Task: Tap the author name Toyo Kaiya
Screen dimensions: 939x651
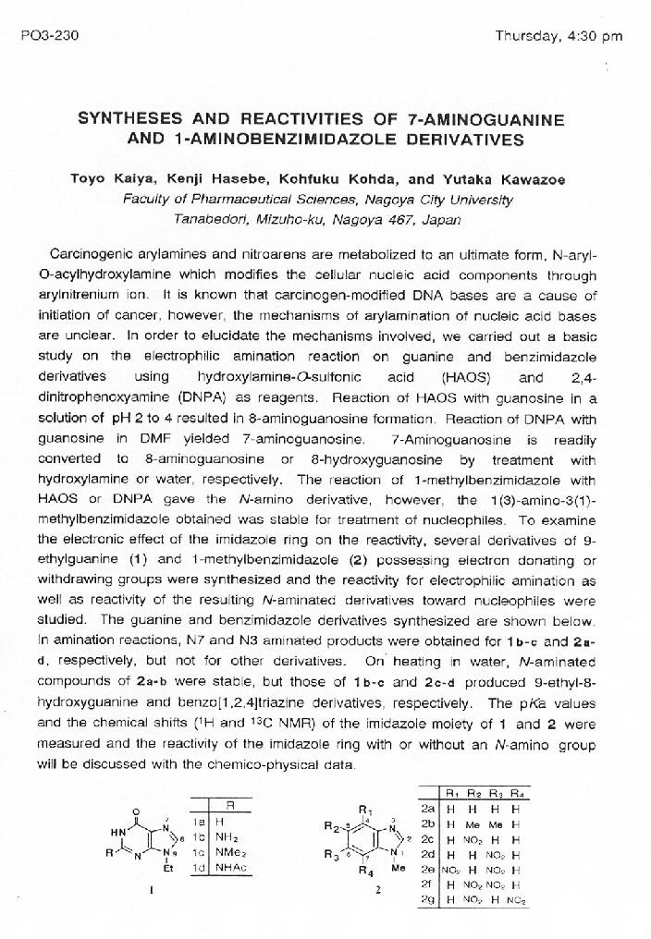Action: (107, 178)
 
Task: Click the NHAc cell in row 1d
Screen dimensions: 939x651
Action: (227, 868)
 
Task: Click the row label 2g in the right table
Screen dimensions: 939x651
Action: (427, 898)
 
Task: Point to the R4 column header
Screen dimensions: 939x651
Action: (516, 793)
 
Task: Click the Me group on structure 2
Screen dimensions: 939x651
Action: (397, 869)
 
